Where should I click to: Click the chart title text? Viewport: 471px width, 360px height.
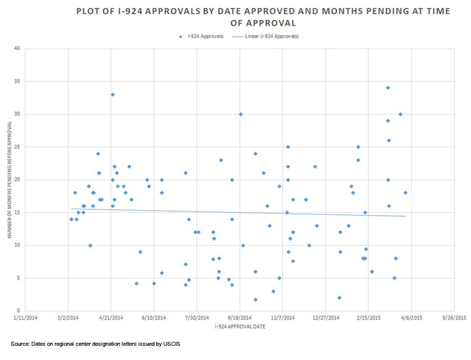(262, 17)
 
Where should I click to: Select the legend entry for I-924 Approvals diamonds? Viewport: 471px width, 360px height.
(205, 36)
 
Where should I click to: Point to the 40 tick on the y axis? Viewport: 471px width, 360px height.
(18, 49)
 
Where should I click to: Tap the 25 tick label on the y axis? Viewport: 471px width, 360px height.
(18, 147)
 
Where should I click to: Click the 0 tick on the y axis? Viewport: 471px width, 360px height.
(19, 311)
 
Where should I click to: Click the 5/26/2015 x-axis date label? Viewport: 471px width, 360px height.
(454, 318)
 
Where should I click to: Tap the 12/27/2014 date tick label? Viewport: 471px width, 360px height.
(326, 318)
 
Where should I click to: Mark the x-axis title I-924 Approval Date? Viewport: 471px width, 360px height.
(240, 326)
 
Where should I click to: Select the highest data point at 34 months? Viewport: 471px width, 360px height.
(388, 88)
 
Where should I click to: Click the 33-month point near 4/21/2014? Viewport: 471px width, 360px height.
(112, 95)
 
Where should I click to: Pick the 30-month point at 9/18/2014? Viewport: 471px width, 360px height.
(240, 114)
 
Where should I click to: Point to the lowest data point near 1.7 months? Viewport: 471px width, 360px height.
(255, 300)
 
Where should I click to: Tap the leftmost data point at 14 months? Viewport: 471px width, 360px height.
(71, 219)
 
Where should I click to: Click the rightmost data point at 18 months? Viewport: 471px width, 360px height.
(405, 193)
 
